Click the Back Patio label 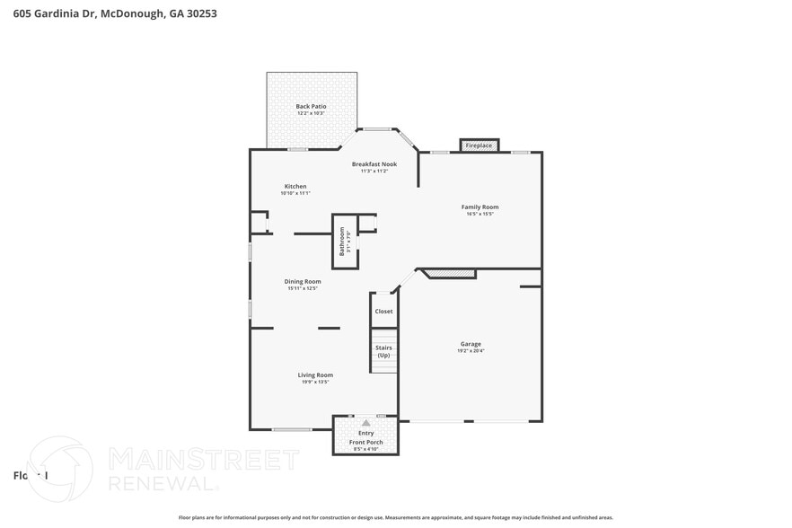(x=311, y=106)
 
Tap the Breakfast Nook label (x=374, y=163)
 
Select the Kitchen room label (x=295, y=186)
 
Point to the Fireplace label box (x=479, y=145)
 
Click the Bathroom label (x=342, y=241)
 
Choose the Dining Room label (x=304, y=281)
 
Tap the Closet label (x=383, y=312)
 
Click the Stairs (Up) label (x=383, y=351)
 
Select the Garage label (x=471, y=344)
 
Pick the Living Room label (x=315, y=374)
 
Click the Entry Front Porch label (x=365, y=437)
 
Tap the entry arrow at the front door (x=365, y=422)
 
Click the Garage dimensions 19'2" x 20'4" (x=471, y=351)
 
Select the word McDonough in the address (x=132, y=13)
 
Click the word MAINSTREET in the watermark (x=203, y=460)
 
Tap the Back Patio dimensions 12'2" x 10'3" (x=311, y=113)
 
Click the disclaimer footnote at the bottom (x=395, y=517)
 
